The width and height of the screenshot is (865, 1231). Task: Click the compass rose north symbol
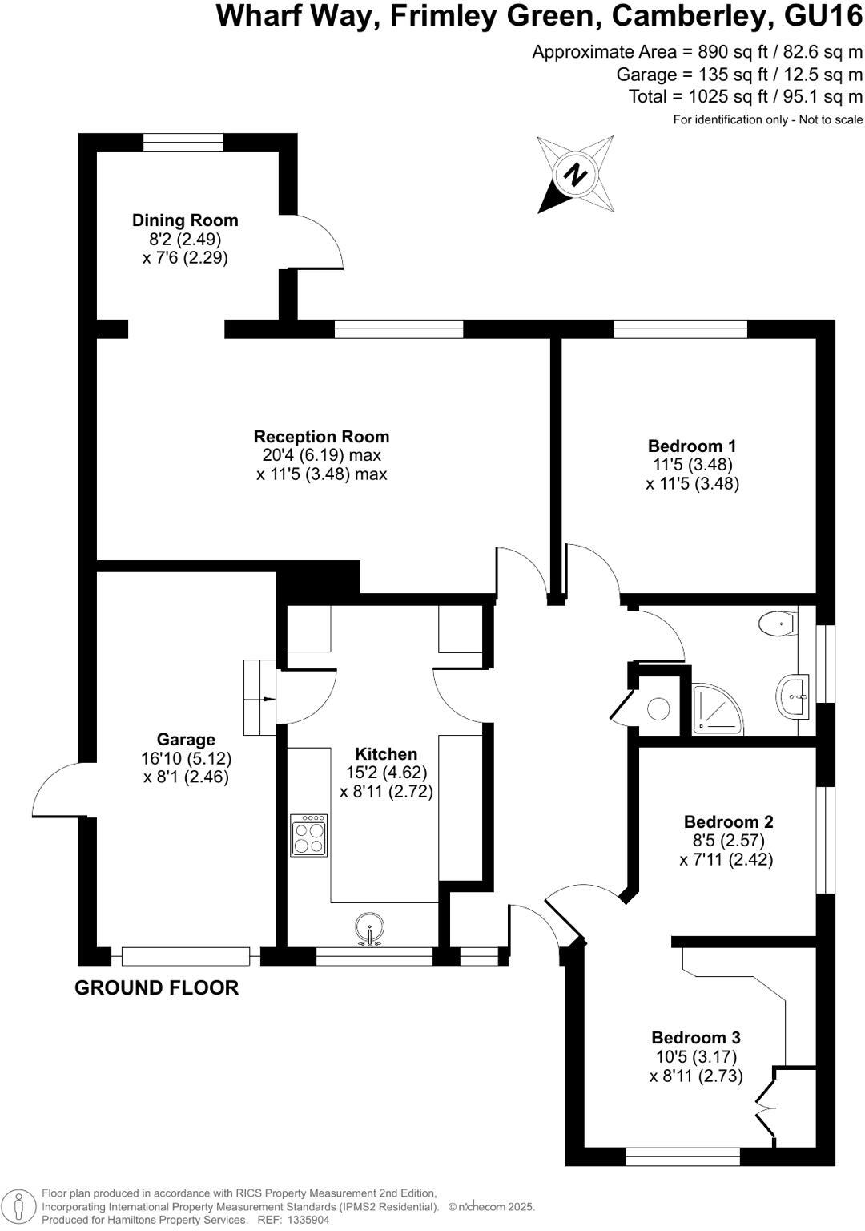click(575, 175)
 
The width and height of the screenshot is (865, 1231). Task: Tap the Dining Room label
click(185, 220)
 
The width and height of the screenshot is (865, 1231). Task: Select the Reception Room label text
click(321, 437)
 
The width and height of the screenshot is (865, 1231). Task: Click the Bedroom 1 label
click(692, 446)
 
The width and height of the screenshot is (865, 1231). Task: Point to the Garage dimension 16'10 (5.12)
click(186, 758)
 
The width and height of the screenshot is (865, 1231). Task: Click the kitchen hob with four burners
click(308, 835)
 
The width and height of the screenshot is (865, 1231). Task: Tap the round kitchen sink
click(369, 927)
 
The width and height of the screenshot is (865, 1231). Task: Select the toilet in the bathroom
click(777, 621)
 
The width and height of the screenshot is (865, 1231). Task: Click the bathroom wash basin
click(793, 696)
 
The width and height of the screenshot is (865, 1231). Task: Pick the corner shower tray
click(714, 708)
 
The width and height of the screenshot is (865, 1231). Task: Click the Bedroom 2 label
click(728, 822)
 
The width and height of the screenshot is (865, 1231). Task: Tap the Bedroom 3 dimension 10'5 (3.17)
click(695, 1057)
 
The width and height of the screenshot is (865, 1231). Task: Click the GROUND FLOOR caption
click(156, 988)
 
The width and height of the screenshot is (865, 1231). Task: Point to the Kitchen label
click(386, 754)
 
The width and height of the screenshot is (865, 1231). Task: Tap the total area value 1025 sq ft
click(712, 96)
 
